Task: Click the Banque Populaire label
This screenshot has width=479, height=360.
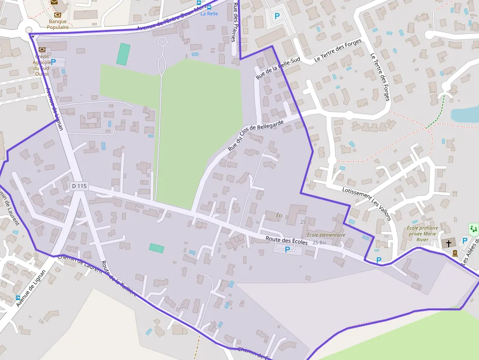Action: click(57, 24)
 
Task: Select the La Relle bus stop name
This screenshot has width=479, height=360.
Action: click(209, 14)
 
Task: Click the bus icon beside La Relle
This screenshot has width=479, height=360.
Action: click(209, 7)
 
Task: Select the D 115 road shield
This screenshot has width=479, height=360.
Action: click(78, 186)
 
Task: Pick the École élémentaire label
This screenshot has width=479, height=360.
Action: click(326, 235)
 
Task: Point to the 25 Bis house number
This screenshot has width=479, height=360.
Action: click(319, 242)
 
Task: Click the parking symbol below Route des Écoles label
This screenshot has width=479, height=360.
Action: click(287, 249)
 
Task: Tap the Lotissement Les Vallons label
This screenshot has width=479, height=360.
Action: click(367, 204)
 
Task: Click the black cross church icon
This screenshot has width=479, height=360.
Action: click(449, 243)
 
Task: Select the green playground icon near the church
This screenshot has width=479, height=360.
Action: click(473, 229)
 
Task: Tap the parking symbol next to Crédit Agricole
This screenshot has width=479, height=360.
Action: click(53, 62)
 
